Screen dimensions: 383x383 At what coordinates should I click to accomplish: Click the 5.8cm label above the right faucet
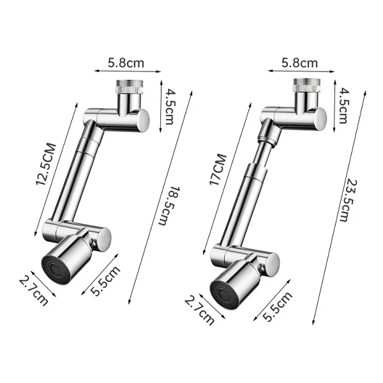(x=301, y=63)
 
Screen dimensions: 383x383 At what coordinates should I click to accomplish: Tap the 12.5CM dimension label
(x=47, y=165)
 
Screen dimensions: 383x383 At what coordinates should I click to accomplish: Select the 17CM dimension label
(x=218, y=169)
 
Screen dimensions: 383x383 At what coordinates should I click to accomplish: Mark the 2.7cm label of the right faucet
(x=198, y=309)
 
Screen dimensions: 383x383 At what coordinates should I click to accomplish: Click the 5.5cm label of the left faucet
(x=105, y=280)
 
